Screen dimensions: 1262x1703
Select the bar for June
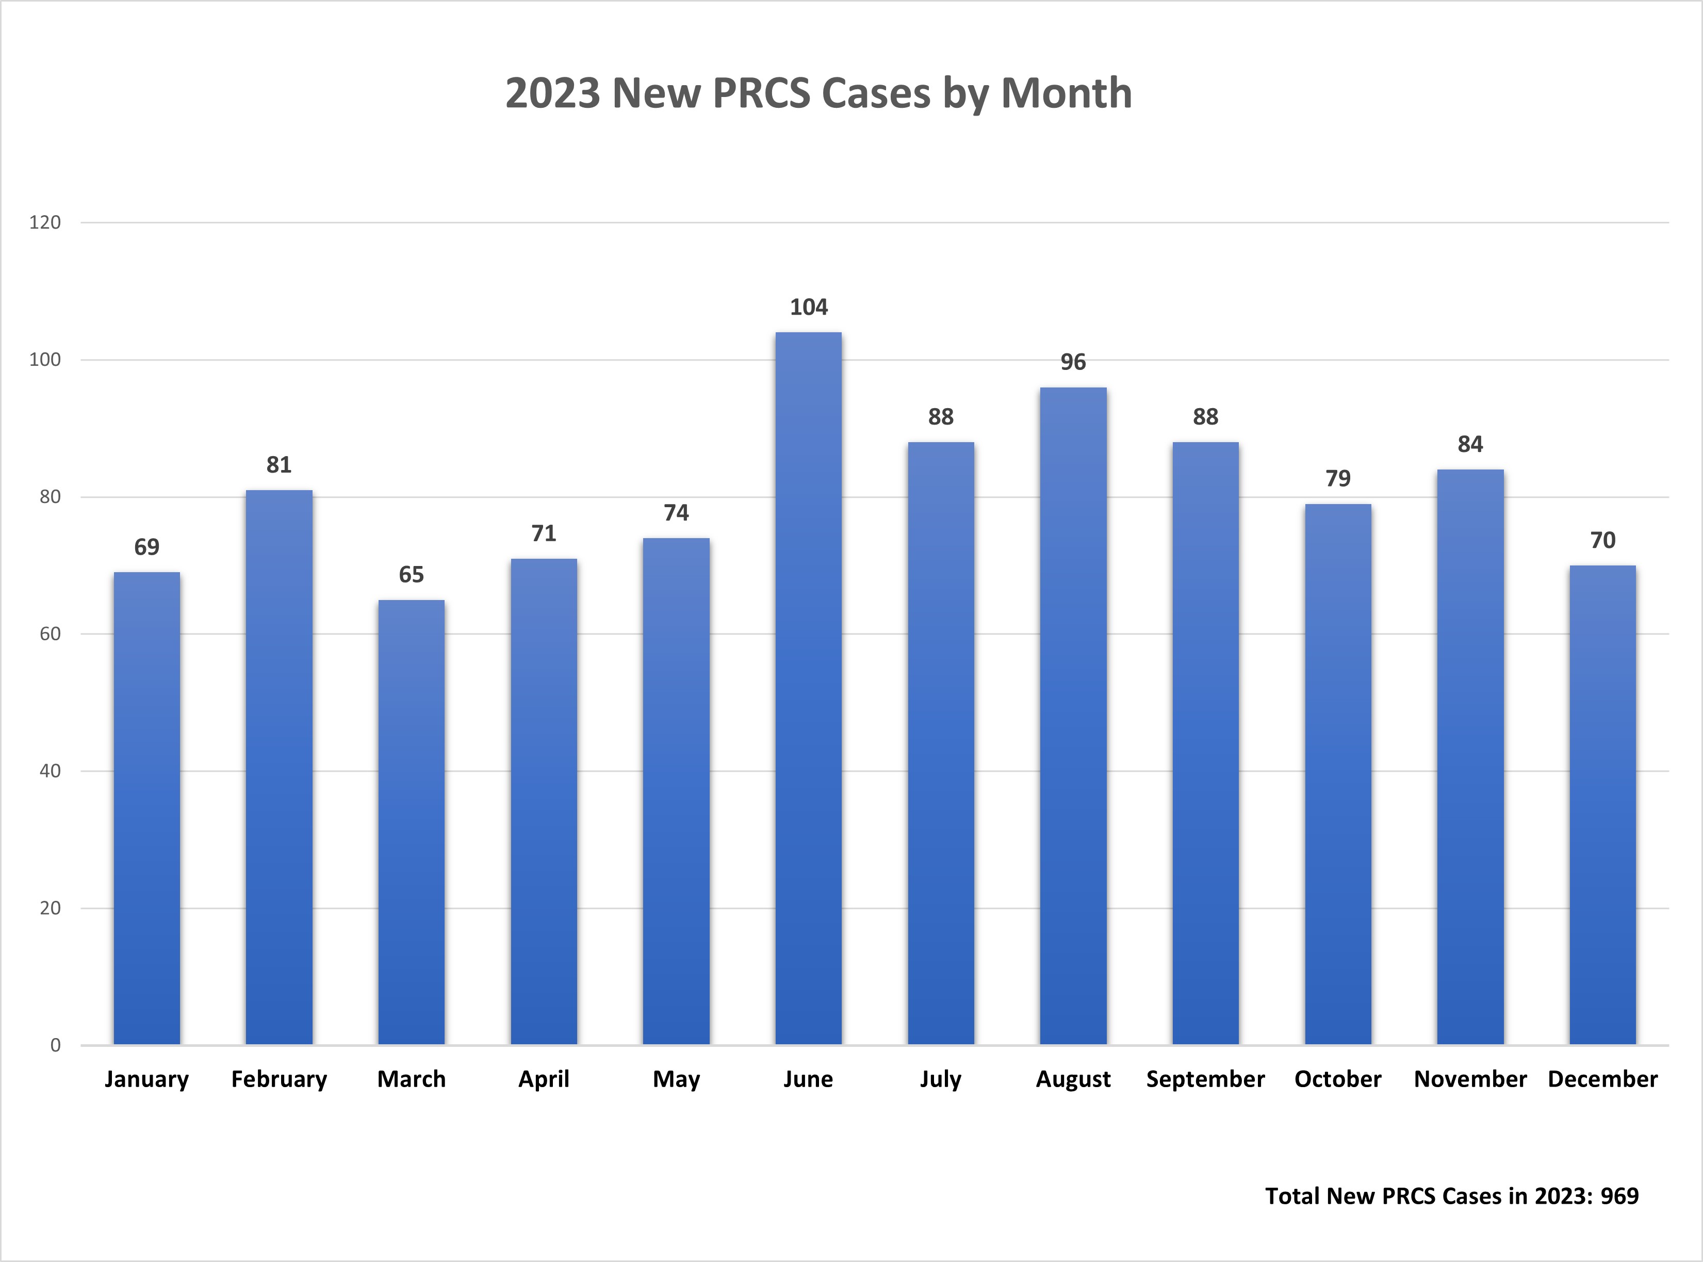pyautogui.click(x=808, y=688)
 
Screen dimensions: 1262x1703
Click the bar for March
pyautogui.click(x=411, y=822)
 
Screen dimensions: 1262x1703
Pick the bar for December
pyautogui.click(x=1602, y=804)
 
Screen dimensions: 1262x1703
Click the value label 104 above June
pyautogui.click(x=808, y=307)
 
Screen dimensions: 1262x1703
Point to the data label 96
pyautogui.click(x=1073, y=362)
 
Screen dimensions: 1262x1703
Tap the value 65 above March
pyautogui.click(x=411, y=574)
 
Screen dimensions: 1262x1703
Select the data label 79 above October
pyautogui.click(x=1338, y=478)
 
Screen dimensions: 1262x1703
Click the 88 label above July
pyautogui.click(x=941, y=417)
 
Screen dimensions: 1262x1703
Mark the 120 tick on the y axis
pyautogui.click(x=45, y=222)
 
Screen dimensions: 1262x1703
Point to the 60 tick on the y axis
pyautogui.click(x=50, y=634)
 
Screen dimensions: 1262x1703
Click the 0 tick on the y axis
pyautogui.click(x=55, y=1045)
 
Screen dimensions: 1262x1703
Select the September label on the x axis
pyautogui.click(x=1205, y=1079)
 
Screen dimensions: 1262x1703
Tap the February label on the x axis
pyautogui.click(x=279, y=1079)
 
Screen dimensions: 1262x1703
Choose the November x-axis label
pyautogui.click(x=1470, y=1079)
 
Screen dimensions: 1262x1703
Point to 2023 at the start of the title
pyautogui.click(x=553, y=93)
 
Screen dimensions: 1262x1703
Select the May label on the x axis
pyautogui.click(x=676, y=1079)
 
